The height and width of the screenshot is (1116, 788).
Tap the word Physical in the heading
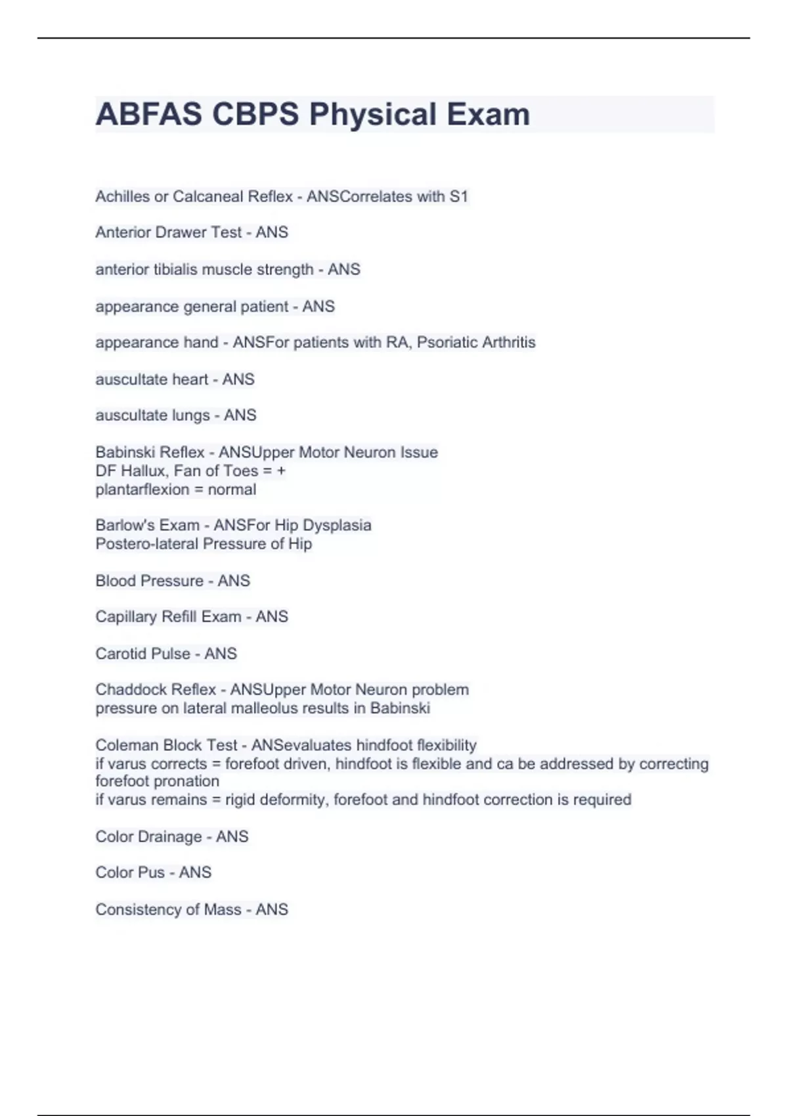[373, 114]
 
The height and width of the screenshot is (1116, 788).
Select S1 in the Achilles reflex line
[458, 196]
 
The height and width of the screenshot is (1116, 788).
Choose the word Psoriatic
[441, 343]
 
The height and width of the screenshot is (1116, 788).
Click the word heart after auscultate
[190, 379]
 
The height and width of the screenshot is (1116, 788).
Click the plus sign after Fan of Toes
[281, 471]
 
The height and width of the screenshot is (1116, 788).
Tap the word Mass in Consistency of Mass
[223, 910]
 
